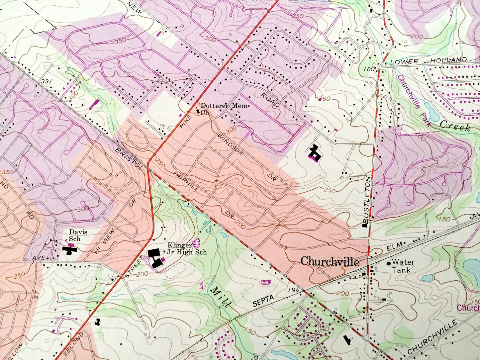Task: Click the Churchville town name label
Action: click(330, 262)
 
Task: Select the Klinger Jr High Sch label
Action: click(187, 249)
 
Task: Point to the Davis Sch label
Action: click(78, 235)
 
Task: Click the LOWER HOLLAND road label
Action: click(428, 61)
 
